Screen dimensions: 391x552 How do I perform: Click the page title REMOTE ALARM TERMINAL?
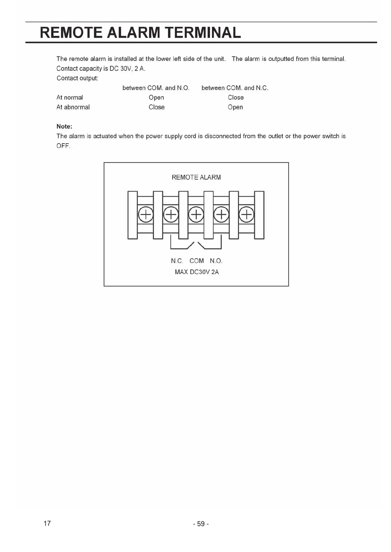pyautogui.click(x=140, y=33)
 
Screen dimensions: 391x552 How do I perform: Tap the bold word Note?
pyautogui.click(x=64, y=127)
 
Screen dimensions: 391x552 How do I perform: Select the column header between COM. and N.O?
pyautogui.click(x=156, y=88)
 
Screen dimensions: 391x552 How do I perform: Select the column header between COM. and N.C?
pyautogui.click(x=235, y=88)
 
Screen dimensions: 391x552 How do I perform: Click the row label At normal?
pyautogui.click(x=70, y=97)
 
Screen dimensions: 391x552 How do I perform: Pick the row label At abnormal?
pyautogui.click(x=73, y=107)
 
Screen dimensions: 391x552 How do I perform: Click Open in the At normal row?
pyautogui.click(x=156, y=97)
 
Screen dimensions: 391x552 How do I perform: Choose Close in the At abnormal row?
pyautogui.click(x=157, y=107)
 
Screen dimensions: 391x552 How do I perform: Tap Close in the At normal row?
pyautogui.click(x=236, y=97)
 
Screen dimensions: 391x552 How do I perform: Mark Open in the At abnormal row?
pyautogui.click(x=235, y=107)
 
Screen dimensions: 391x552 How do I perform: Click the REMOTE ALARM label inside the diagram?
pyautogui.click(x=196, y=177)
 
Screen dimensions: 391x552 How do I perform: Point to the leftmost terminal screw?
pyautogui.click(x=145, y=215)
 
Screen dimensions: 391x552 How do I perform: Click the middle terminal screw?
pyautogui.click(x=196, y=215)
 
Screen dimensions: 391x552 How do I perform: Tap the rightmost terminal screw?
pyautogui.click(x=247, y=215)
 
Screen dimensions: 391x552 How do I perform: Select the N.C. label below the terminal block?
pyautogui.click(x=177, y=261)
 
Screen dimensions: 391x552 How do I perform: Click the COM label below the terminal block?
pyautogui.click(x=197, y=261)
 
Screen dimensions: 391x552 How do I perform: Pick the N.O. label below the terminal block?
pyautogui.click(x=216, y=261)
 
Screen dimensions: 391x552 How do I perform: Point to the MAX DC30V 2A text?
pyautogui.click(x=197, y=272)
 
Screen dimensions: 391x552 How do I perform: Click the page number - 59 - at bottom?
pyautogui.click(x=201, y=524)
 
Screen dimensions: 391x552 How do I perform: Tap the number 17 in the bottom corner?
pyautogui.click(x=47, y=523)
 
